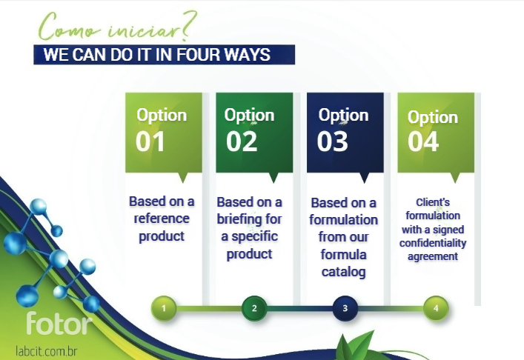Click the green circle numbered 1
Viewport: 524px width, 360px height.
[164, 308]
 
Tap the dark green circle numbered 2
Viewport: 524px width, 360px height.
[254, 308]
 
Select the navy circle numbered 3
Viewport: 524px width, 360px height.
[345, 308]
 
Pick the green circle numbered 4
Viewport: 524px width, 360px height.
[436, 308]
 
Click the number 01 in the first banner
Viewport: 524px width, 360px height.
[150, 141]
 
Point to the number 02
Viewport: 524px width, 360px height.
[242, 141]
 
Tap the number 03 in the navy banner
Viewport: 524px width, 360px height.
[333, 141]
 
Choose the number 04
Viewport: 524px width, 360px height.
[423, 141]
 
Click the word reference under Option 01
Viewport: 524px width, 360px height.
[162, 219]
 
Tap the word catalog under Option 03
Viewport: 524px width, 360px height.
[344, 272]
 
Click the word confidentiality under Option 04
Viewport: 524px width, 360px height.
[433, 243]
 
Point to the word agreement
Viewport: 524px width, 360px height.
[433, 257]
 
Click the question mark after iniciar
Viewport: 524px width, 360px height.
[189, 27]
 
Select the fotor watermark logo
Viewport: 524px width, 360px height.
[59, 323]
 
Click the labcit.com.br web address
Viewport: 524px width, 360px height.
[47, 351]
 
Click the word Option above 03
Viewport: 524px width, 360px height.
[344, 116]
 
